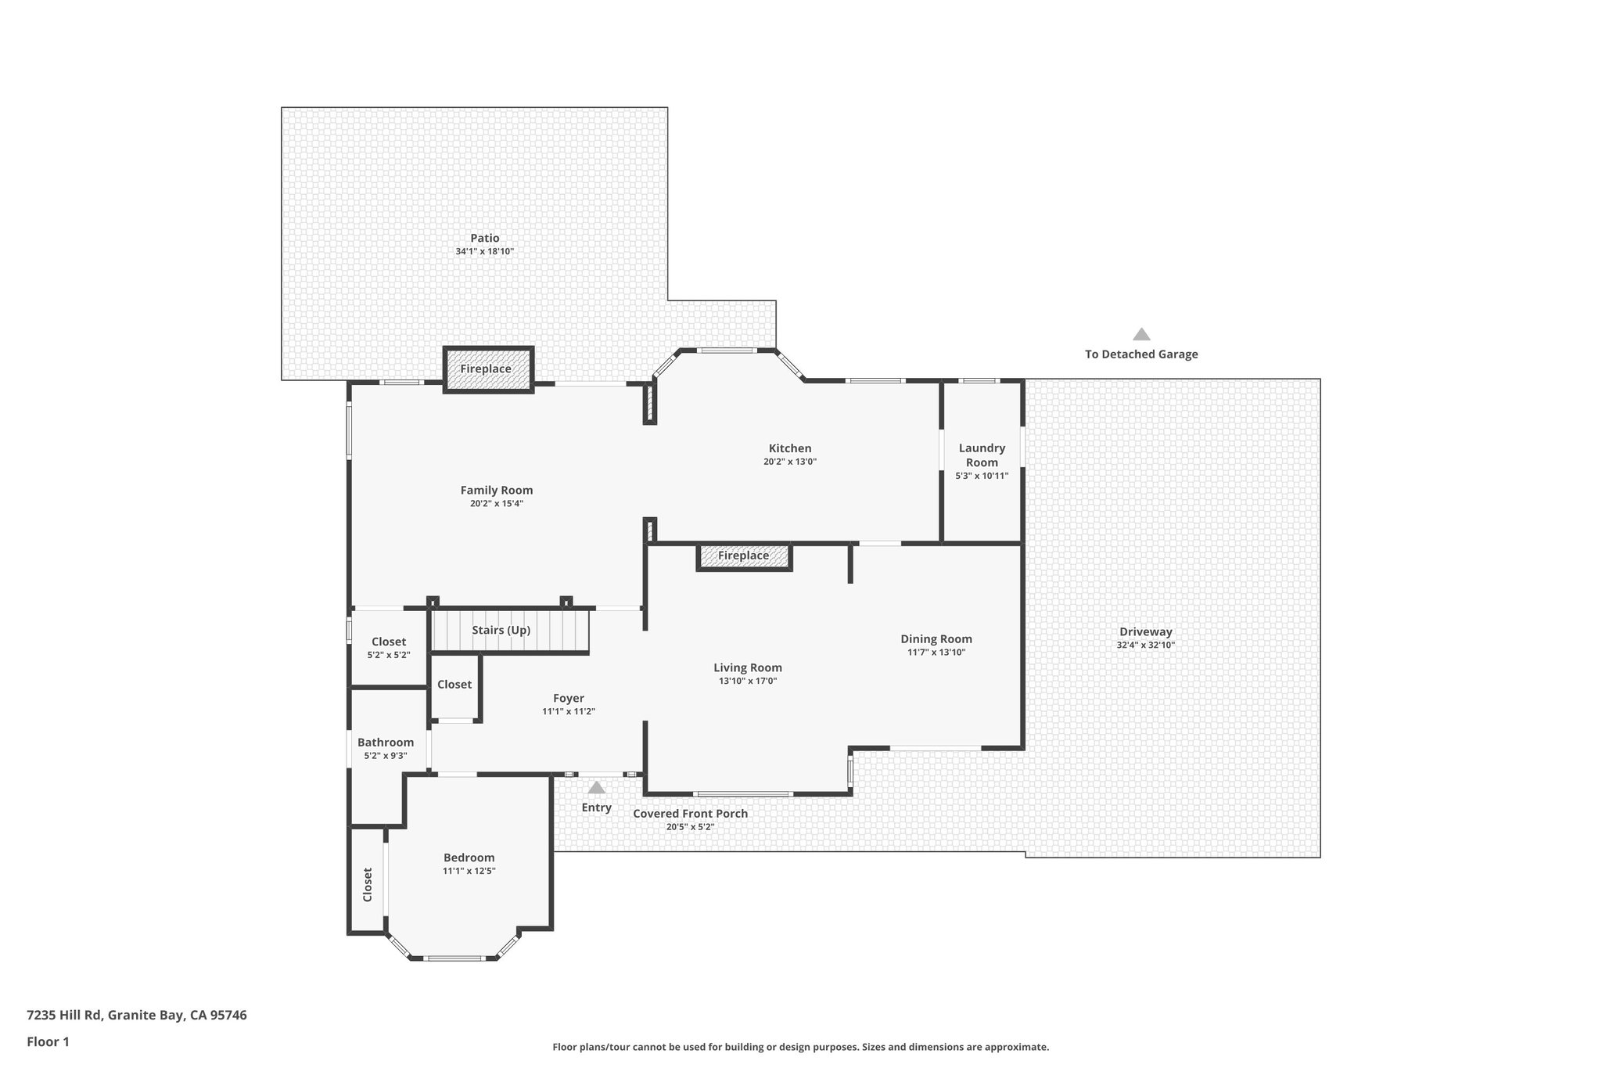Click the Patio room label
pos(484,238)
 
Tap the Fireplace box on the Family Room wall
pos(488,369)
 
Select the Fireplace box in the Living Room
pos(743,556)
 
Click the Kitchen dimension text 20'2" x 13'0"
pos(789,462)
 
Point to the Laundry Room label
pos(982,455)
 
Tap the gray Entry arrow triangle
pos(596,788)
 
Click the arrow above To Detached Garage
pos(1141,335)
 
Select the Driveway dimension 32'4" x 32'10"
pos(1145,645)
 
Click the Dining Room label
pos(936,639)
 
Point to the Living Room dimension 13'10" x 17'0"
pos(747,681)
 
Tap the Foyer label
pos(569,699)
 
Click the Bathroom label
pos(385,743)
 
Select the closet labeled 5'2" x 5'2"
pos(389,647)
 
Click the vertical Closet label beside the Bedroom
pos(368,884)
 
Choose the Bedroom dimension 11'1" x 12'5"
pos(469,871)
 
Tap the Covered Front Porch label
pos(690,814)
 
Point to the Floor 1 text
pos(48,1041)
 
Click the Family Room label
pos(496,491)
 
